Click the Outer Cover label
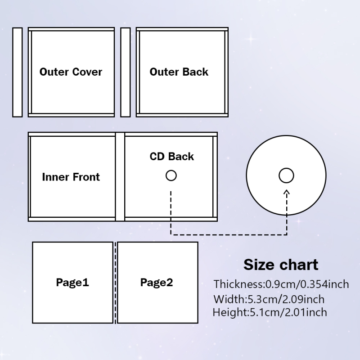click(71, 72)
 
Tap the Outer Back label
click(179, 72)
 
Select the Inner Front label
click(71, 177)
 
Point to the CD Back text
click(172, 157)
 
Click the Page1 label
click(72, 283)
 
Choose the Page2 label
click(157, 283)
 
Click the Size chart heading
click(281, 265)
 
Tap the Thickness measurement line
click(281, 284)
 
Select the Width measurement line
click(269, 299)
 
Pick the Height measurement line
click(270, 312)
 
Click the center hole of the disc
click(286, 175)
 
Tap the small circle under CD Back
click(171, 175)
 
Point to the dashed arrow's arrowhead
click(287, 193)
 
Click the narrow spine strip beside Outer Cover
click(18, 72)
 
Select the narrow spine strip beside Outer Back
click(126, 72)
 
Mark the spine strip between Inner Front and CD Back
click(120, 177)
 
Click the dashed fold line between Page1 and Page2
click(115, 283)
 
